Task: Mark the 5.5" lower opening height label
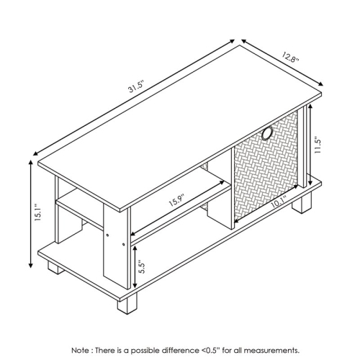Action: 143,266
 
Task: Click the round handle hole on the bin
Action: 268,134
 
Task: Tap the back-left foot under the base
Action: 54,268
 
